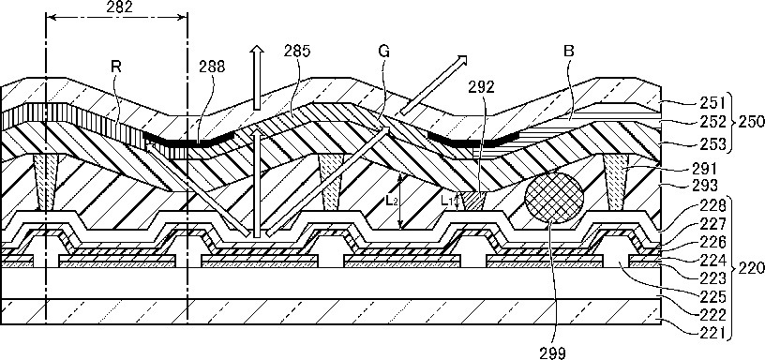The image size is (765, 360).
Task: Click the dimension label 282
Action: click(119, 7)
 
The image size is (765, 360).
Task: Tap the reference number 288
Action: click(212, 67)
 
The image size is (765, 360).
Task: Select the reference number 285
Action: click(297, 52)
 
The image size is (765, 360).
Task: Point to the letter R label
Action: click(115, 67)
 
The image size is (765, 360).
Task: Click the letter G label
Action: click(384, 52)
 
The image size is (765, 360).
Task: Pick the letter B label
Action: click(568, 52)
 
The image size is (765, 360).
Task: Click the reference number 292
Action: click(481, 86)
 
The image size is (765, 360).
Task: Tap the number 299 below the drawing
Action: click(552, 352)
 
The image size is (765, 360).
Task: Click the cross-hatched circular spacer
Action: click(554, 197)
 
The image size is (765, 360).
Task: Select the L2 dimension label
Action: click(392, 202)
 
